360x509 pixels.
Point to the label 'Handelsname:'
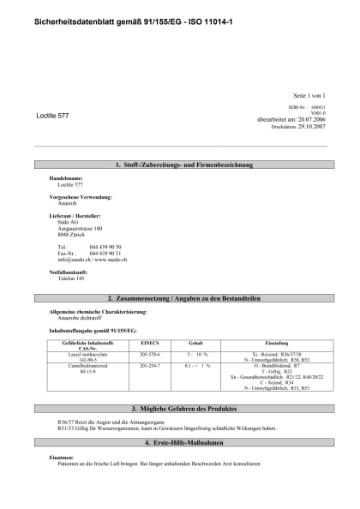tap(66, 178)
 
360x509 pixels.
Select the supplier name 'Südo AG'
tap(68, 222)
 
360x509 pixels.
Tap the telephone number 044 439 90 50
tap(105, 247)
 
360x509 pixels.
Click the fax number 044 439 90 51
tap(105, 253)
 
